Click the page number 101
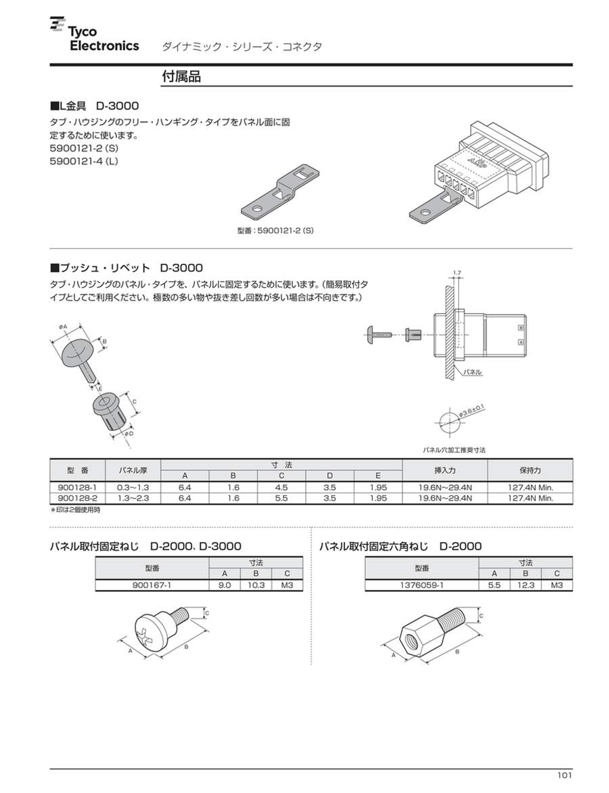[564, 775]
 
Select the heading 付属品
[181, 76]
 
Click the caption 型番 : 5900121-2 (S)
[275, 231]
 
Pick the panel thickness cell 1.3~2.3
[133, 498]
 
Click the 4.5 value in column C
[281, 486]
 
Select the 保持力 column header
[531, 470]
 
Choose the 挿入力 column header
[445, 470]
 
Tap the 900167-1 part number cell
[152, 585]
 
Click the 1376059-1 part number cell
[422, 585]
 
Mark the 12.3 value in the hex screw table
[525, 585]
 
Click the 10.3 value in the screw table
[256, 585]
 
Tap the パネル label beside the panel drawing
[473, 372]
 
